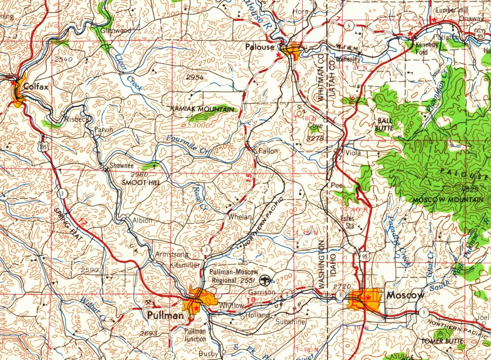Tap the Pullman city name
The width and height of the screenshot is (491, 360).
165,316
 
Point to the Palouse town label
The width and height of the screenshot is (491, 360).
259,47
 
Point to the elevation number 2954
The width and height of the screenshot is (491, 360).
195,77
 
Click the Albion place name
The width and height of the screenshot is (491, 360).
142,220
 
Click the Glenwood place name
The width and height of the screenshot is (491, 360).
116,30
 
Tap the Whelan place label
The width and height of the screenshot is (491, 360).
240,216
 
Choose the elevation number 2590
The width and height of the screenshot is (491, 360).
90,270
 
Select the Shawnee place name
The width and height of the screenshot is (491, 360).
122,165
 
